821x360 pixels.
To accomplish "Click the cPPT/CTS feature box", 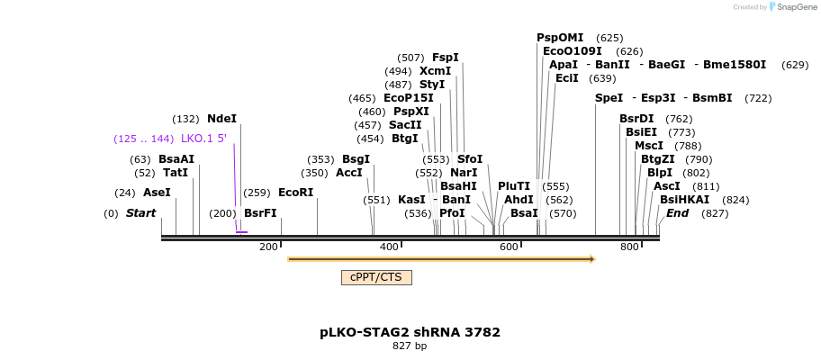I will [x=376, y=277].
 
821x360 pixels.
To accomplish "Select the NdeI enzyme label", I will [x=221, y=119].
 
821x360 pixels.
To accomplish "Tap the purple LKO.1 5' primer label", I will [x=203, y=139].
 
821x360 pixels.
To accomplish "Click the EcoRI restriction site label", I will [x=295, y=193].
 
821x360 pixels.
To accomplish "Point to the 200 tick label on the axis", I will [x=268, y=247].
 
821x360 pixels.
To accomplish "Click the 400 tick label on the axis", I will [x=389, y=247].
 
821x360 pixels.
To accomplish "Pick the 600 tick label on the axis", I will [x=509, y=247].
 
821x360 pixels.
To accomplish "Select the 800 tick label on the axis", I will [x=628, y=247].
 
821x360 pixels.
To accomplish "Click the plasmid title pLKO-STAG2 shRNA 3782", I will [x=410, y=332].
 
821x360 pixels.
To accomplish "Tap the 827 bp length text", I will [x=410, y=346].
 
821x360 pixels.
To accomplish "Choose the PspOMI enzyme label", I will [x=560, y=38].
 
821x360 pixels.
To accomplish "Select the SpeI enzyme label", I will [x=609, y=98].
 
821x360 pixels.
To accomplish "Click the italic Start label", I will [x=140, y=213].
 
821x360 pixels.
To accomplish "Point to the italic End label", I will [x=677, y=213].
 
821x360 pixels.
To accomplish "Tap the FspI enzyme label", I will [x=445, y=58].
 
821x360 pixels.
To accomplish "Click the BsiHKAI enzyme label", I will [x=684, y=200].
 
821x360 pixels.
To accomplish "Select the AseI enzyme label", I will [x=157, y=193].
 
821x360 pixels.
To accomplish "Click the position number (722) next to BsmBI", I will [x=758, y=98].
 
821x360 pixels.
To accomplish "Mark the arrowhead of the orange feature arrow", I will [x=592, y=259].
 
